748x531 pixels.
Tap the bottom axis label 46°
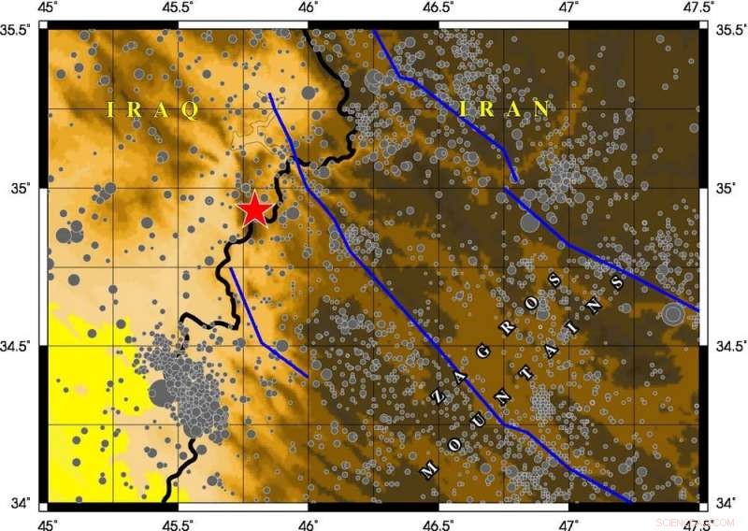309,522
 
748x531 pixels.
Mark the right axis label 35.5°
729,29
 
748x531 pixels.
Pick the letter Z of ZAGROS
437,397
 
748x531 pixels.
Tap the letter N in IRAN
540,108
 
